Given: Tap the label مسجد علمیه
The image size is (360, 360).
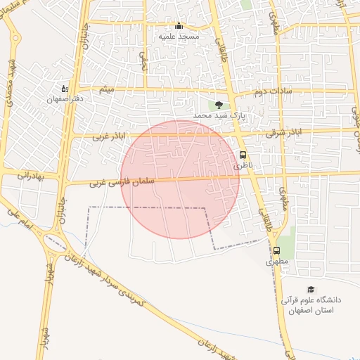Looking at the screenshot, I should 179,36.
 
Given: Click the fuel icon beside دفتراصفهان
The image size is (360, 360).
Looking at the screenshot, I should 65,89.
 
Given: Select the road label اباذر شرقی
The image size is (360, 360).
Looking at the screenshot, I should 288,131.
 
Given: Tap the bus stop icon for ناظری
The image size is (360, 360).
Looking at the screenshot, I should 243,155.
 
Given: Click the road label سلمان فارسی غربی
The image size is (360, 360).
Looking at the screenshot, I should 117,182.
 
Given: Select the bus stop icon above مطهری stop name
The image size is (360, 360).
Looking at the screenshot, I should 276,250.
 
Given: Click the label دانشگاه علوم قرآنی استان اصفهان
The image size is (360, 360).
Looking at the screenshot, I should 311,304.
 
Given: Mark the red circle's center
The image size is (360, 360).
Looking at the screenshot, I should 180,179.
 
